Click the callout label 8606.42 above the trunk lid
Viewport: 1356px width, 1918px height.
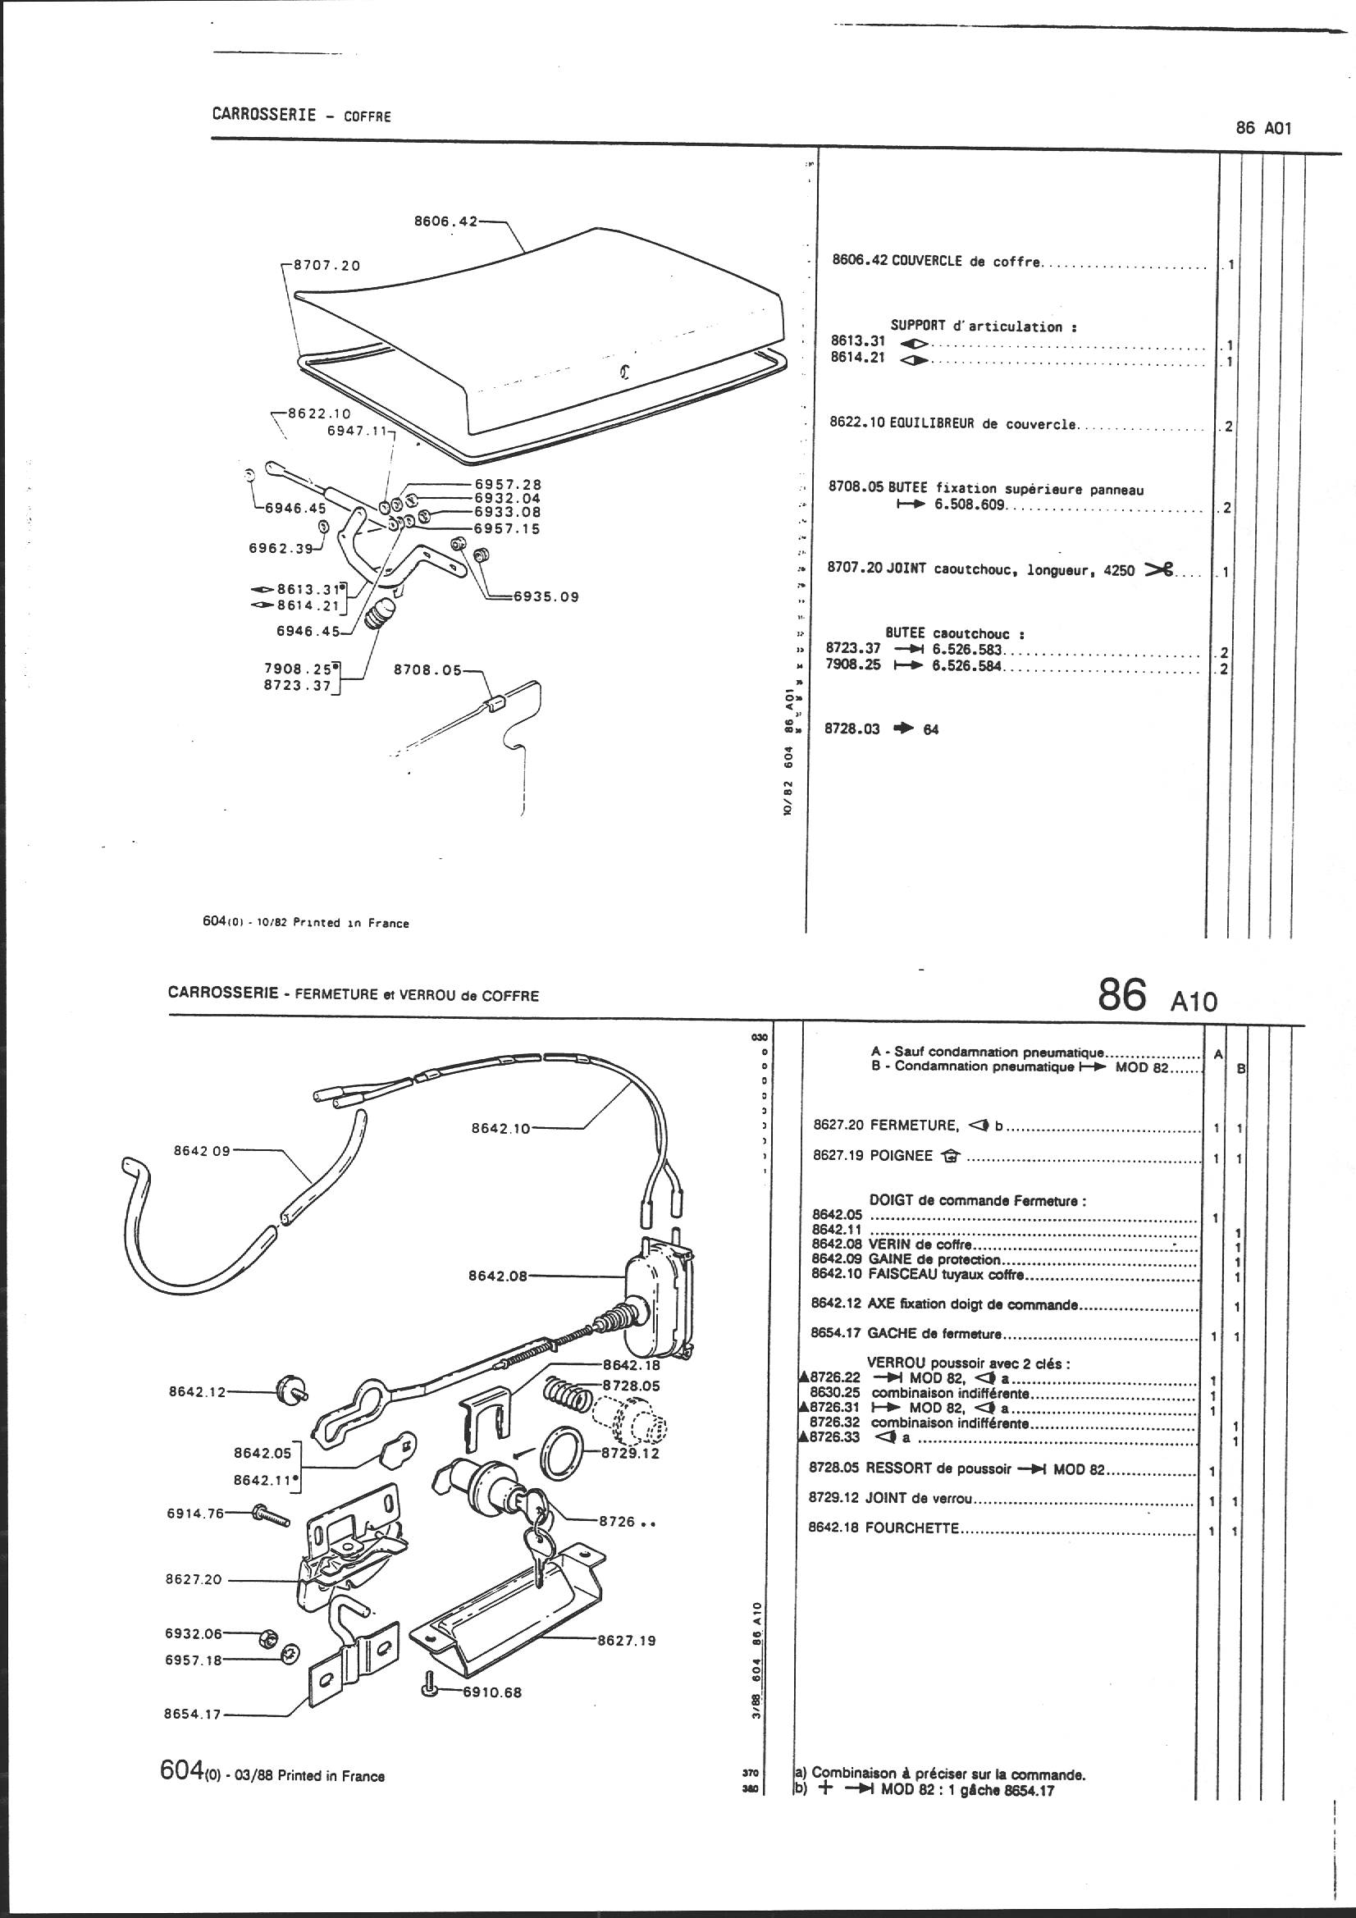[446, 221]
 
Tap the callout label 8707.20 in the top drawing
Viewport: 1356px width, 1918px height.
[326, 266]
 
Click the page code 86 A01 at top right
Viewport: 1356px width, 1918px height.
[1263, 129]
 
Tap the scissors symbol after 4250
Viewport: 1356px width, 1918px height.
[1159, 569]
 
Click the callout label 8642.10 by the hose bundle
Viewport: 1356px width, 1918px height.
[500, 1128]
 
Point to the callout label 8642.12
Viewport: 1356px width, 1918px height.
[197, 1392]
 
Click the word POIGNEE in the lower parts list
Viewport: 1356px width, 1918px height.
[901, 1157]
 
